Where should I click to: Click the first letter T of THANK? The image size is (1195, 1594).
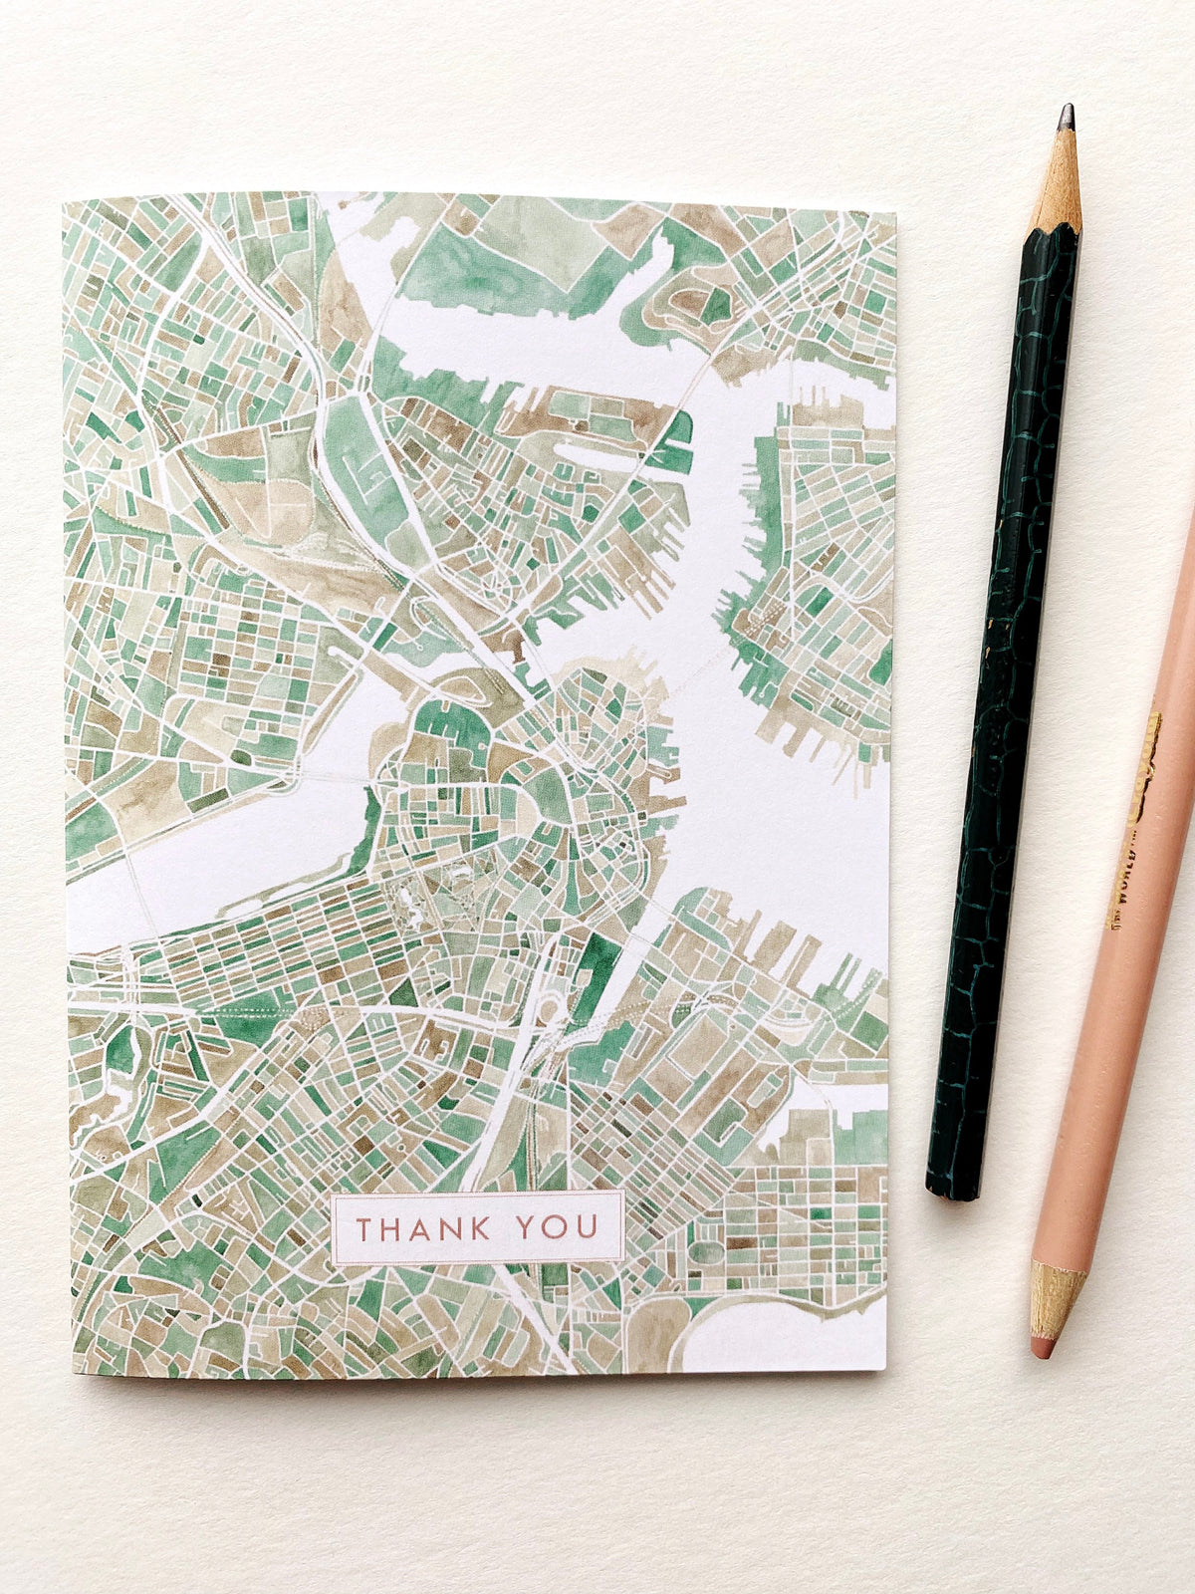364,1227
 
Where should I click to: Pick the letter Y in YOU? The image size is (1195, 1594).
528,1227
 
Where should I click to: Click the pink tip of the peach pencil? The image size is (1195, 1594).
1043,1348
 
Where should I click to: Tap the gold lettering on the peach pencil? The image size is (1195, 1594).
1135,817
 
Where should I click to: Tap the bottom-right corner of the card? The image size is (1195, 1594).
885,1370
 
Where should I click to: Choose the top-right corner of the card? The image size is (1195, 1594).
894,212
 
